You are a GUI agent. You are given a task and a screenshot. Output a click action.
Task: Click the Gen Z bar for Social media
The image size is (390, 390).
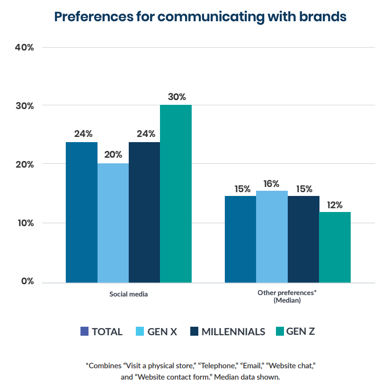(x=176, y=194)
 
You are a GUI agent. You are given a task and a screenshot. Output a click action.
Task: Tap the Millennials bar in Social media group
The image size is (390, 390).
(x=144, y=212)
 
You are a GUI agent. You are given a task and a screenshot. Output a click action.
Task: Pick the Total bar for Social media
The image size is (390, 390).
(x=81, y=212)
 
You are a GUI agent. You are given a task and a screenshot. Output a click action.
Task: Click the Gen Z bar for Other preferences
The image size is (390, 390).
(x=335, y=247)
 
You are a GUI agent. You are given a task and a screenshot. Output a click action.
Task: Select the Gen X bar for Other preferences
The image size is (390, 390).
(x=272, y=237)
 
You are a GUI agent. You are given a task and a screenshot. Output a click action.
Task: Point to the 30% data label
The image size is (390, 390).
(x=176, y=97)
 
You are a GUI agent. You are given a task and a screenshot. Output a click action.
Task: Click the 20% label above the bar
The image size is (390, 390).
(x=113, y=155)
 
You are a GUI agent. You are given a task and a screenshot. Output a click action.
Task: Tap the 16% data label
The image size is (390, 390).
(x=272, y=183)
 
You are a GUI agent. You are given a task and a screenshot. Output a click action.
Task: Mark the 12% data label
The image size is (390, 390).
(x=335, y=204)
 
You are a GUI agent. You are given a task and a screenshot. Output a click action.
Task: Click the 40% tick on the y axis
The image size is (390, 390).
(x=24, y=47)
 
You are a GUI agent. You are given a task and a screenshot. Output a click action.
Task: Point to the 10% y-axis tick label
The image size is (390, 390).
(x=24, y=223)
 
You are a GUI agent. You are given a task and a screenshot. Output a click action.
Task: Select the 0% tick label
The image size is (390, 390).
(x=27, y=281)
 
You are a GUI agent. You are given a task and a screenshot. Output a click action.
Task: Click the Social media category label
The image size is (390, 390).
(x=128, y=294)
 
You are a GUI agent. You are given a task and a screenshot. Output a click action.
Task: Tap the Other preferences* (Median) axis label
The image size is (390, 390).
(x=287, y=297)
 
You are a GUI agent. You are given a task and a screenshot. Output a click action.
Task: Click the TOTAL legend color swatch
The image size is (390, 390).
(x=84, y=331)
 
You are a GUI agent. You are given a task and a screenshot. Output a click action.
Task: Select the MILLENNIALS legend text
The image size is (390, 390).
(x=233, y=331)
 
